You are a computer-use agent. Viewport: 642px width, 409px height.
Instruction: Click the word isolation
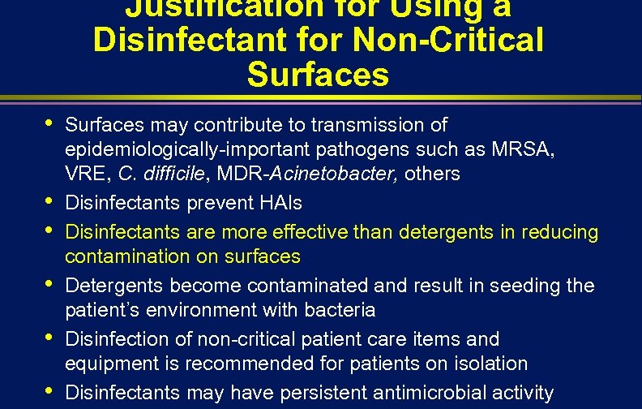(x=488, y=364)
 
